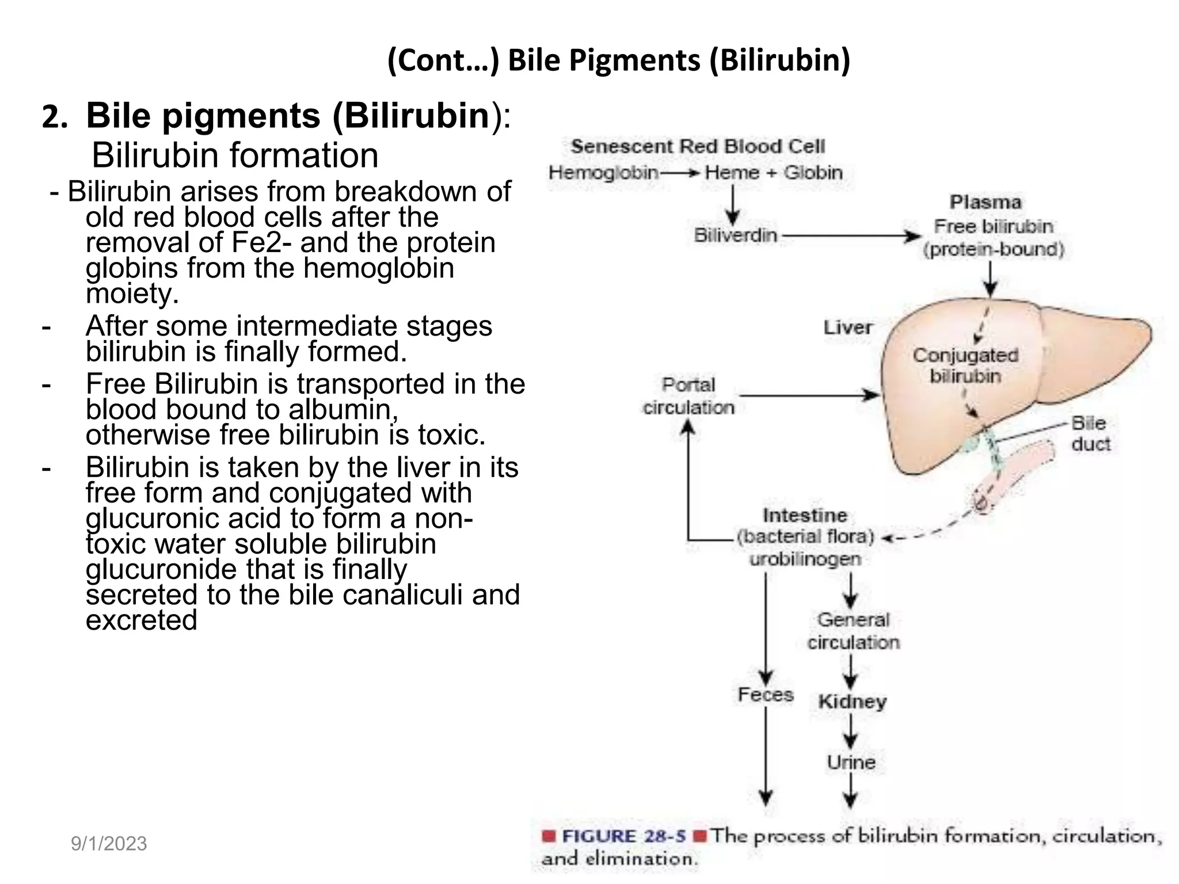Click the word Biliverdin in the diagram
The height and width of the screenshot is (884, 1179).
pyautogui.click(x=735, y=235)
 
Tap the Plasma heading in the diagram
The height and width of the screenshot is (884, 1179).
pyautogui.click(x=985, y=203)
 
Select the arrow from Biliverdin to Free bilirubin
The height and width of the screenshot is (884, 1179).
pyautogui.click(x=852, y=236)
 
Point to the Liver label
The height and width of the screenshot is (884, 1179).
pyautogui.click(x=847, y=327)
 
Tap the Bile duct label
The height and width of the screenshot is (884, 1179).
pyautogui.click(x=1090, y=433)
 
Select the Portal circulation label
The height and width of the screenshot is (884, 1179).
pyautogui.click(x=689, y=396)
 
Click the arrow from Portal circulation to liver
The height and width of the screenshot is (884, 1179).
pyautogui.click(x=809, y=395)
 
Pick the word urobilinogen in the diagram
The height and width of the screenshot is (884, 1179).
pyautogui.click(x=805, y=559)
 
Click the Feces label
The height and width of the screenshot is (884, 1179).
pyautogui.click(x=766, y=695)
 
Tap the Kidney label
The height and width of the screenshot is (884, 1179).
pyautogui.click(x=852, y=702)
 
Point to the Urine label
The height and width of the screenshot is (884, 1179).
pyautogui.click(x=851, y=762)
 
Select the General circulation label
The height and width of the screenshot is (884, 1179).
pyautogui.click(x=853, y=631)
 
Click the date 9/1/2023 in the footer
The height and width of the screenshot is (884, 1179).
pyautogui.click(x=109, y=844)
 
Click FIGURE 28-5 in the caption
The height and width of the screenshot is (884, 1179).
pyautogui.click(x=623, y=836)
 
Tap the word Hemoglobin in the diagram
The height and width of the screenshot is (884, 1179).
pyautogui.click(x=603, y=172)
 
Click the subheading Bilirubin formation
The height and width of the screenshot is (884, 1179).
pyautogui.click(x=235, y=155)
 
